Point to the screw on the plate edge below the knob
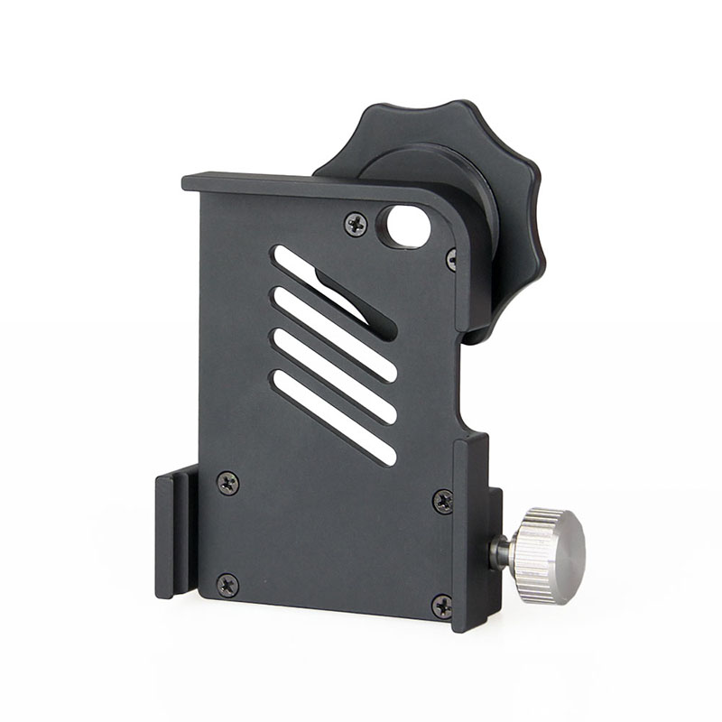point(452,261)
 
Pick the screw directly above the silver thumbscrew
point(443,500)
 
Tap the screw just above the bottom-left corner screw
point(228,484)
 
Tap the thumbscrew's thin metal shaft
point(499,551)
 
